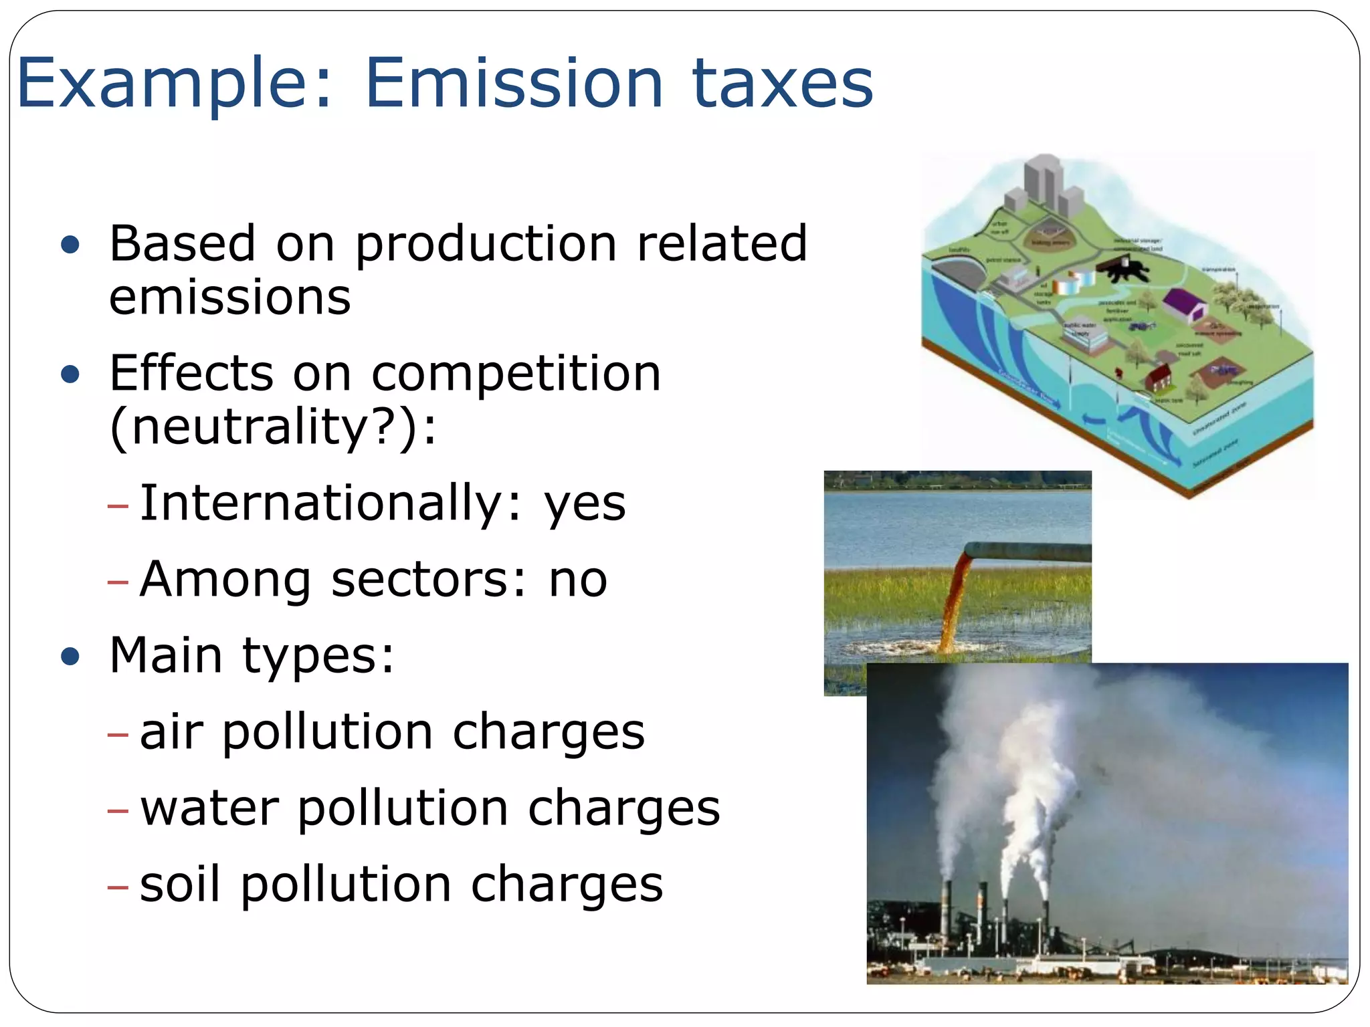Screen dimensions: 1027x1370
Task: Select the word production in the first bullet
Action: tap(486, 245)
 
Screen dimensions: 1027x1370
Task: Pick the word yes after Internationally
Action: tap(585, 503)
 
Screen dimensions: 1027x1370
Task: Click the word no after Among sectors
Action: tap(578, 580)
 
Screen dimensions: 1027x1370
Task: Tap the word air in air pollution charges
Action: tap(171, 731)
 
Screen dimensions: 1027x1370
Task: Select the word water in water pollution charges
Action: tap(209, 808)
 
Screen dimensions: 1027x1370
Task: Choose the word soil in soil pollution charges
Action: tap(179, 884)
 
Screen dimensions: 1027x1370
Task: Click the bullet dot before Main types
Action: tap(70, 657)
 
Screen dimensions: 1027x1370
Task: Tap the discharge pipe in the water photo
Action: tap(1030, 552)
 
